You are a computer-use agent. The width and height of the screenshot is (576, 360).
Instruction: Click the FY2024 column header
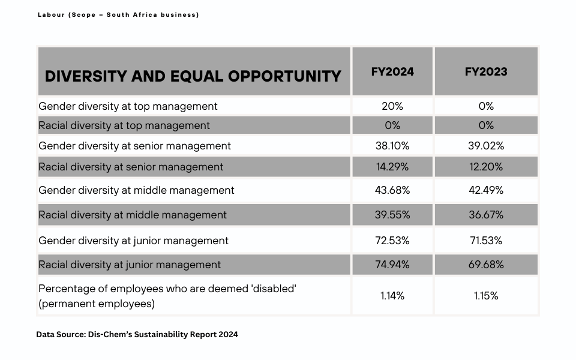tap(392, 71)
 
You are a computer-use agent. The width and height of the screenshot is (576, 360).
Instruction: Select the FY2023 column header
tap(485, 71)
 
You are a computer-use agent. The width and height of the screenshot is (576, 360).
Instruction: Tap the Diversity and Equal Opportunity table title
tap(193, 76)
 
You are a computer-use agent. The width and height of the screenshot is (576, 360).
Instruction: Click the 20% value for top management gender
tap(392, 106)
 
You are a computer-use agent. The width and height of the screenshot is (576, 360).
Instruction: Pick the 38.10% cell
tap(392, 146)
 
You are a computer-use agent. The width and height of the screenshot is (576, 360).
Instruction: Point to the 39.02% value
tap(485, 146)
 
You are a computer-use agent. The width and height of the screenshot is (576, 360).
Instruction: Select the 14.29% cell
tap(392, 167)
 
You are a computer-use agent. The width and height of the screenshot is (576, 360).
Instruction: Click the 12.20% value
tap(485, 167)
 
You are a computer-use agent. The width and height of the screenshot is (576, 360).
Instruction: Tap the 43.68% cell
tap(392, 190)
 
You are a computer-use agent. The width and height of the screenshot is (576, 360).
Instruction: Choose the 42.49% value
tap(485, 190)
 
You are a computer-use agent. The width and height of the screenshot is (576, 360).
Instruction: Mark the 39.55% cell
tap(392, 215)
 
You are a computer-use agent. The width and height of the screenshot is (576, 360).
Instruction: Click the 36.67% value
tap(485, 215)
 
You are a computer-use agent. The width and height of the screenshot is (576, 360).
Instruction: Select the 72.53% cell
tap(392, 241)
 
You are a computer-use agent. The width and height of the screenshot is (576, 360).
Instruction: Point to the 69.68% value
tap(485, 265)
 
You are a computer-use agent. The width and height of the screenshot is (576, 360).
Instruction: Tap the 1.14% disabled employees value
tap(392, 296)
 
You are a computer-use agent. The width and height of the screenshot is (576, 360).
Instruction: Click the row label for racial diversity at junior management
tap(130, 265)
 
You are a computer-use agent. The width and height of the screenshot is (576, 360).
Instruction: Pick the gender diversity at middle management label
tap(136, 190)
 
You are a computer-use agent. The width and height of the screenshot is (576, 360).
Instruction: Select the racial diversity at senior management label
tap(131, 167)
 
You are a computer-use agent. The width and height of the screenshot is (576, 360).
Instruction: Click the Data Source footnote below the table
tap(137, 335)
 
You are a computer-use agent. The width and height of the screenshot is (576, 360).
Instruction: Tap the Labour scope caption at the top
tap(118, 15)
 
